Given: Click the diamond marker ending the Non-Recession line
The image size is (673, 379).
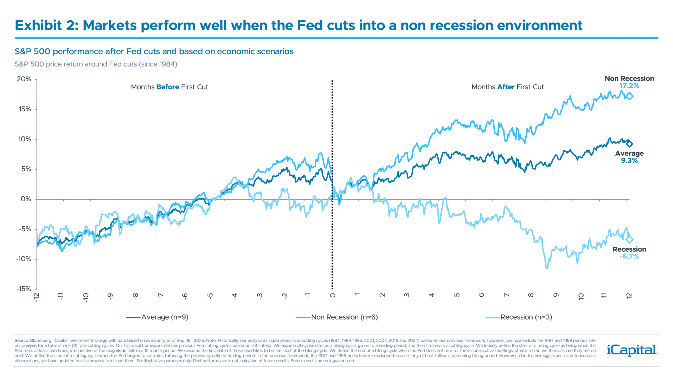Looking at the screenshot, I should pos(629,96).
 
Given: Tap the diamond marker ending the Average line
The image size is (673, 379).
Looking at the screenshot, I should pos(629,144).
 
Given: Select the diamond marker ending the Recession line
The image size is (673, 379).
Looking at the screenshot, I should pos(629,240).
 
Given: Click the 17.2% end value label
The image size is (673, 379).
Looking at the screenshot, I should pos(629,86).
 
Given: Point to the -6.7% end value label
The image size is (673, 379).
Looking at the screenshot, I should pos(629,256).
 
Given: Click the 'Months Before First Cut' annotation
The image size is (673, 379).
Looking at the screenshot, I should pos(169,87).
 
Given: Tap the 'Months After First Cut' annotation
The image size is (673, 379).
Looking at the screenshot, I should pos(507,87).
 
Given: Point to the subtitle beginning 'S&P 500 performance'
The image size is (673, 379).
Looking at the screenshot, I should pos(154,52).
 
